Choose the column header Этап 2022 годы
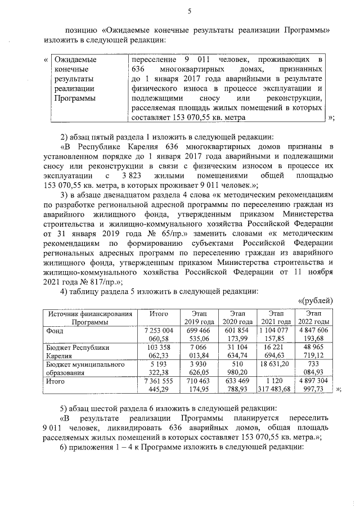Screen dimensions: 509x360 [x=313, y=317]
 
